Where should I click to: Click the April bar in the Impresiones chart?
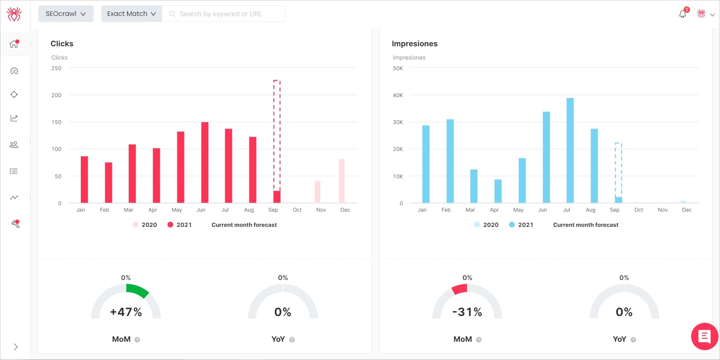(x=498, y=191)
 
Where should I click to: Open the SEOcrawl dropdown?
(x=66, y=14)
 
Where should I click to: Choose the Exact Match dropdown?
(x=131, y=14)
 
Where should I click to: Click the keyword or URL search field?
(x=224, y=14)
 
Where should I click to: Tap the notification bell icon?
(x=682, y=14)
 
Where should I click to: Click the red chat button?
(x=704, y=336)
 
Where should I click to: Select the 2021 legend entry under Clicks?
(x=180, y=225)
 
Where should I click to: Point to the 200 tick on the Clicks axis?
(x=56, y=95)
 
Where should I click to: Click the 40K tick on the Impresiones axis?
(x=398, y=95)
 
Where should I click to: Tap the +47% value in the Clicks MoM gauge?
(x=126, y=312)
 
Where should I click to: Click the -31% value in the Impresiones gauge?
(x=467, y=312)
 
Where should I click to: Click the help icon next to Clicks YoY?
(x=292, y=340)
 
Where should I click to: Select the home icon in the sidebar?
(x=14, y=44)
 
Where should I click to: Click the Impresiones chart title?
(x=414, y=44)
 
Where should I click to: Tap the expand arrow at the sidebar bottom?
(x=16, y=347)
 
